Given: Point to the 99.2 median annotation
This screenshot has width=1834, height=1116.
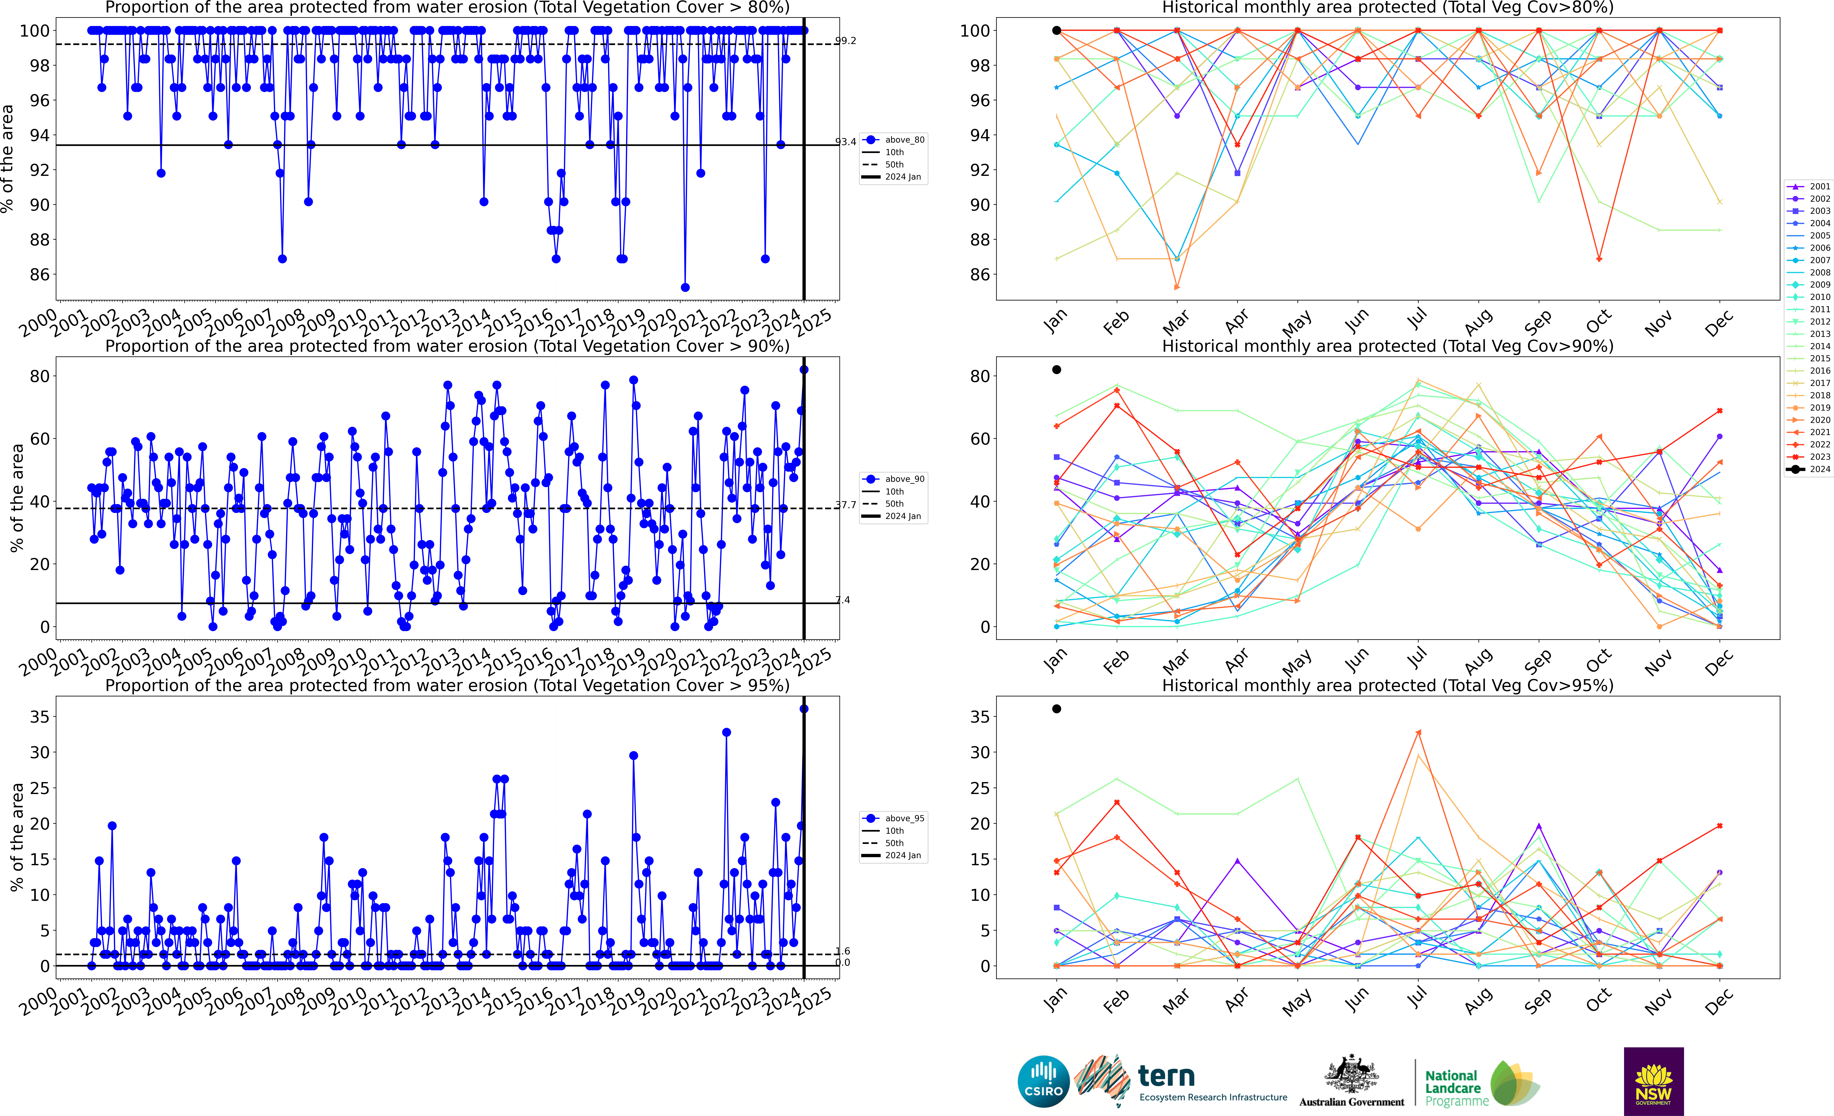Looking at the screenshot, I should pos(845,41).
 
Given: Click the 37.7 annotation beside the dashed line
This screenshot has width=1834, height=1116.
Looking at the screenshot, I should pos(845,504).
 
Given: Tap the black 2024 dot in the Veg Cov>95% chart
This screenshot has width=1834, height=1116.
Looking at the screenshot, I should pos(1056,709).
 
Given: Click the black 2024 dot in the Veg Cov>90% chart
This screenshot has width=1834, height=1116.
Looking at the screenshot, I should pos(1056,370).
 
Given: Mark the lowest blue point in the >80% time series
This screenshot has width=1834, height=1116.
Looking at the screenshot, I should pos(685,287).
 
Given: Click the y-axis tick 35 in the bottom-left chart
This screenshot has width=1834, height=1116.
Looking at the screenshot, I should pos(40,717).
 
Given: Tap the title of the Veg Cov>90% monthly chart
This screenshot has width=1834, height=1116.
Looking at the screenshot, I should pos(1387,346).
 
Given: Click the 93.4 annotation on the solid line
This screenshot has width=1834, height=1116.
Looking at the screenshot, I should pos(845,141).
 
